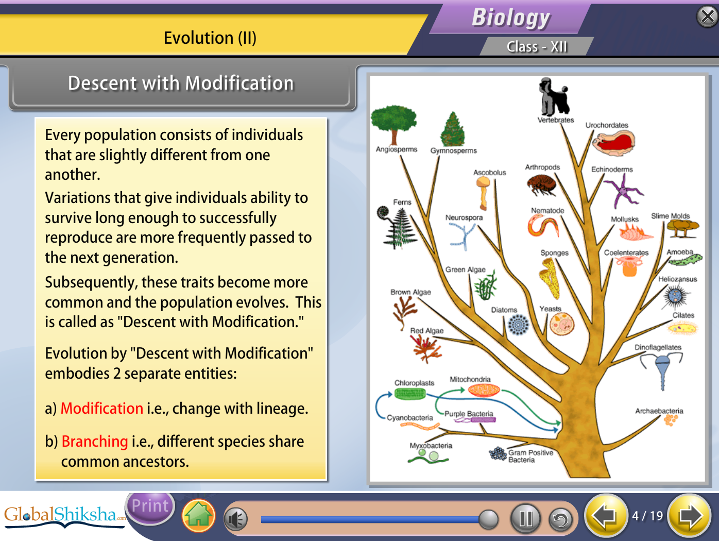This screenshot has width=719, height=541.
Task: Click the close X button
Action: coord(708,16)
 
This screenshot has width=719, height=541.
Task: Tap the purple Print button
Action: coord(150,506)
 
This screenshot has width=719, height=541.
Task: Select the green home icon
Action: coord(198,516)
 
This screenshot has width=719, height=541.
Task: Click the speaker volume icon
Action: coord(236,519)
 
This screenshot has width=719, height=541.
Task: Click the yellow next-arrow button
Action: coord(690,516)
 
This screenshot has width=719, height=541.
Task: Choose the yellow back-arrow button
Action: coord(606,516)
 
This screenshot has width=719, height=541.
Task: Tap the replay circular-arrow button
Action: coord(560,519)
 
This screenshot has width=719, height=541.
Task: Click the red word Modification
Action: coord(102,409)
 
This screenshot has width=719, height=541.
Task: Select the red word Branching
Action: coord(95,442)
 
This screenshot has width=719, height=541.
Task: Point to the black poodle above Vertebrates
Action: coord(553,96)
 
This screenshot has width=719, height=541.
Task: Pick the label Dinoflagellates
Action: coord(658,347)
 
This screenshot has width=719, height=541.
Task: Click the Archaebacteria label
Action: coord(659,411)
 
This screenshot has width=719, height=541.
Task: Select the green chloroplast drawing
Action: coord(410,394)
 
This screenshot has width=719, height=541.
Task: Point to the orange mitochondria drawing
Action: coord(484,390)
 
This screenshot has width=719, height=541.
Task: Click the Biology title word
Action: coord(511,18)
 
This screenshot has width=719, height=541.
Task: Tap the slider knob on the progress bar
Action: coord(488,519)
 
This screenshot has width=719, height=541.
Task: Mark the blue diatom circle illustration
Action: coord(518,325)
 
